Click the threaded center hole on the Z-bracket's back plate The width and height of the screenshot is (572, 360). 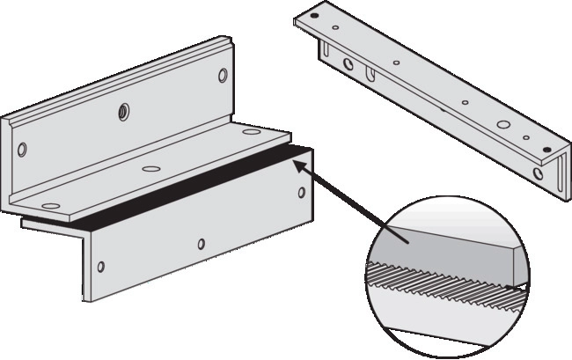pos(123,112)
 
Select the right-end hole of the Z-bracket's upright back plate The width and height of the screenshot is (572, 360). pos(222,76)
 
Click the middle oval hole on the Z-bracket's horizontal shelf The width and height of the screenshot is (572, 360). pos(150,167)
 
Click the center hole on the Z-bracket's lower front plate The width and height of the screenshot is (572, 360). pos(202,244)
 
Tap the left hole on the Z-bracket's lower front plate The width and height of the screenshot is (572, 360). pos(101,266)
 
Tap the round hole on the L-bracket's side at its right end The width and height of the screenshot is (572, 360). pos(539,172)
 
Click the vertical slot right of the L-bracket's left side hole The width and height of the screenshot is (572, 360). pos(369,71)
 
